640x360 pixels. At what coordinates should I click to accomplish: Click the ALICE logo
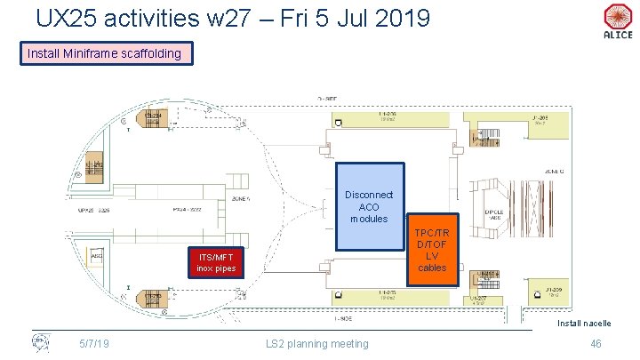tap(617, 21)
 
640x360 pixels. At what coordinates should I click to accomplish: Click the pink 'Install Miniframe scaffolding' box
tap(104, 53)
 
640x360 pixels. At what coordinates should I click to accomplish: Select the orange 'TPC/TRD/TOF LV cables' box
tap(432, 250)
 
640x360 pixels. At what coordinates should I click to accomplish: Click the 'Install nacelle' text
tap(584, 323)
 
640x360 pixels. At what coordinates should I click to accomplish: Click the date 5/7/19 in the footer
tap(94, 344)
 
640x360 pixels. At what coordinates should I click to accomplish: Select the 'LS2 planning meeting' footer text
tap(316, 344)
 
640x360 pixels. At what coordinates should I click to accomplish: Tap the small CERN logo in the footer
tap(40, 341)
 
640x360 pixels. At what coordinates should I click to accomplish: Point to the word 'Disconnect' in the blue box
tap(368, 195)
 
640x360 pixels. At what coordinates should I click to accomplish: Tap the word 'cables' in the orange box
tap(432, 268)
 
